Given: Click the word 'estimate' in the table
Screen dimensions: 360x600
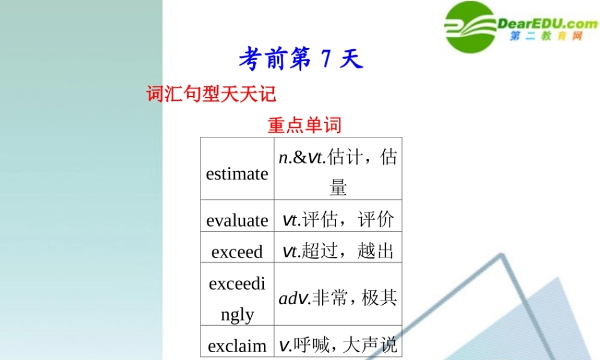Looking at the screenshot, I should [x=237, y=174].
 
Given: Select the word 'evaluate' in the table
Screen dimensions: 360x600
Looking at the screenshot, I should [x=237, y=220].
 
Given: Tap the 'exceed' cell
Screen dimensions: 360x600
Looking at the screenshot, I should [x=237, y=251].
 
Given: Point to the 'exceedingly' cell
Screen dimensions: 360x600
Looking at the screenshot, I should [x=237, y=298].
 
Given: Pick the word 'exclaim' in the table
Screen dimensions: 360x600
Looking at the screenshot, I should [x=237, y=346].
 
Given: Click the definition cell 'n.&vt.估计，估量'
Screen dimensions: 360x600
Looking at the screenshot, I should [x=338, y=172].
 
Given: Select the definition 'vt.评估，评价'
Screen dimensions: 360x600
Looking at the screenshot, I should [x=338, y=220].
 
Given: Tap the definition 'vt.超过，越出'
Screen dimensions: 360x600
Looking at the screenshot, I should [x=338, y=251].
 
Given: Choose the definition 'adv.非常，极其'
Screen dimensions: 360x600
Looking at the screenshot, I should [x=338, y=298].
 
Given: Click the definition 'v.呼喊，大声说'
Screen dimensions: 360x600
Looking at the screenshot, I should [x=338, y=345].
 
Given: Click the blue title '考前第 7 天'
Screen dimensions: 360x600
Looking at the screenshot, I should [x=301, y=59].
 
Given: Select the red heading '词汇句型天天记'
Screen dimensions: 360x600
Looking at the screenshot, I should [x=211, y=94].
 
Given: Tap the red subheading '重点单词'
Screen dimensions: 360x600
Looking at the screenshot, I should [x=304, y=125].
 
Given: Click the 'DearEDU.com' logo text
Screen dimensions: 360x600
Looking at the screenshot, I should [x=548, y=23].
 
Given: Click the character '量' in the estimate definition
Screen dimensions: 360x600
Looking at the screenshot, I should [x=338, y=188].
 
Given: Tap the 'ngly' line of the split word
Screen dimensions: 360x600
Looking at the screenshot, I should [x=237, y=314].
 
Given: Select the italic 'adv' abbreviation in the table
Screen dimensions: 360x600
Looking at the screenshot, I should [x=293, y=298].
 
